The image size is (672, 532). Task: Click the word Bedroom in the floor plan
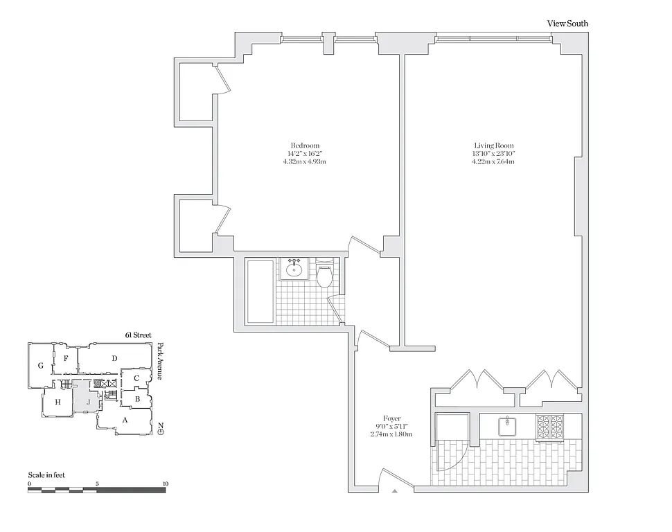[306, 145]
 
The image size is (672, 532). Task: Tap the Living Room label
[493, 145]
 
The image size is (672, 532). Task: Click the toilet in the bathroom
[325, 276]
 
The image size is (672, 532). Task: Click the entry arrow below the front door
[395, 490]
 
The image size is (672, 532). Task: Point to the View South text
[567, 24]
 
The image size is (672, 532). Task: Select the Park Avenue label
[160, 361]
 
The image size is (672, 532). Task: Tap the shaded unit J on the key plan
[88, 401]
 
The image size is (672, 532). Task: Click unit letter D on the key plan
[115, 358]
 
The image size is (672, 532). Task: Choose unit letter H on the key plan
[58, 402]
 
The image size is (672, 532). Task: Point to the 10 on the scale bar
[164, 484]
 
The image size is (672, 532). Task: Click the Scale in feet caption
[46, 475]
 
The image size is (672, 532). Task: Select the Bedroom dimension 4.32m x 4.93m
[306, 161]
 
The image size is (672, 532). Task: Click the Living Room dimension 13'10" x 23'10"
[493, 153]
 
